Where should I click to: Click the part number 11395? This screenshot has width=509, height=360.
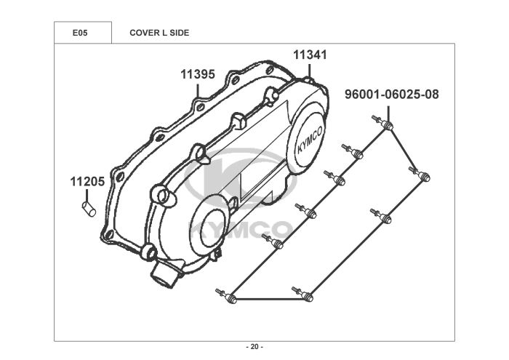pos(198,74)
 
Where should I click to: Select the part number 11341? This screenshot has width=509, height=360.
pos(310,55)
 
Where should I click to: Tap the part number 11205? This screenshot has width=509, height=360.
pos(87,182)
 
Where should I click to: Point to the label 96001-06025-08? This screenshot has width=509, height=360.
pos(392,95)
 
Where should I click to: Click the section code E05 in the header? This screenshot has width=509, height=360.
pos(81,33)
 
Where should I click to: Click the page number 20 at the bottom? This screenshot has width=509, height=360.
pos(254,346)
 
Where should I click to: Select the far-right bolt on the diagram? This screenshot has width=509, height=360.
pos(423,175)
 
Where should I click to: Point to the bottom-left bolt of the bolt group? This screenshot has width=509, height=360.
pos(230,297)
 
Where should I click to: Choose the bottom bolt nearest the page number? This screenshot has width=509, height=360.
pos(305,295)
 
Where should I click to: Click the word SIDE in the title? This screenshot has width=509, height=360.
pos(179,33)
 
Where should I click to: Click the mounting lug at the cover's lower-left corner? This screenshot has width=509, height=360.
pos(149,252)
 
